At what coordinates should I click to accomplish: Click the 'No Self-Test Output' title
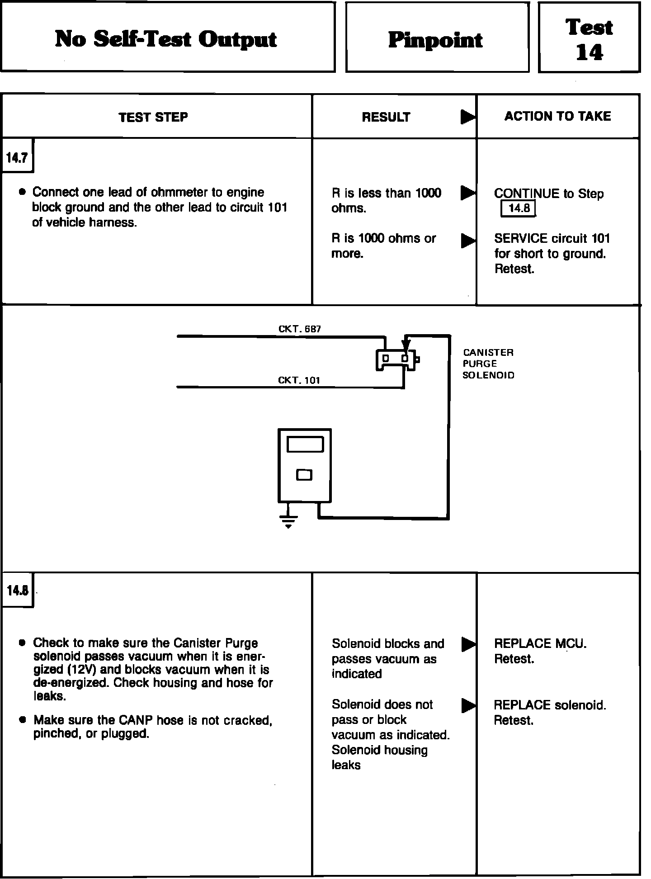[166, 39]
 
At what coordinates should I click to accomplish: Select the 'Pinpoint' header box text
[435, 40]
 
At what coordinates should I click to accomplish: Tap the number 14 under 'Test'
[589, 53]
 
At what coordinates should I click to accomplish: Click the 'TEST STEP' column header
[153, 118]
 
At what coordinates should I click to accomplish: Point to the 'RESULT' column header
[386, 118]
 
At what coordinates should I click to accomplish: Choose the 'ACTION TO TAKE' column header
[557, 117]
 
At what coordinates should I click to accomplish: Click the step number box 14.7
[17, 158]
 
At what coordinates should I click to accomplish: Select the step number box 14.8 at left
[17, 591]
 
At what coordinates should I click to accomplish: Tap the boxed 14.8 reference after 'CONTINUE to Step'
[518, 209]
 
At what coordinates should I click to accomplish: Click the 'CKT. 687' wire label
[300, 329]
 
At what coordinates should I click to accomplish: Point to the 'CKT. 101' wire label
[299, 380]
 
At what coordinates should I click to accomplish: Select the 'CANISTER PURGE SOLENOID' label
[488, 364]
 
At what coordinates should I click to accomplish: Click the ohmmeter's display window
[305, 444]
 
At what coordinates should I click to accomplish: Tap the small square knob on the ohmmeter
[304, 475]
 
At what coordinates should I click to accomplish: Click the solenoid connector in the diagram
[397, 359]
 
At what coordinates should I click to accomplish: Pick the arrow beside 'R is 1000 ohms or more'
[468, 241]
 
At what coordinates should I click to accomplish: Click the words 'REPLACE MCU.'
[540, 644]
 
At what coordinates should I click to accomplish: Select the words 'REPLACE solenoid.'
[550, 705]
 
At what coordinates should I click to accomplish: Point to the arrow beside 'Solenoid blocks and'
[468, 644]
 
